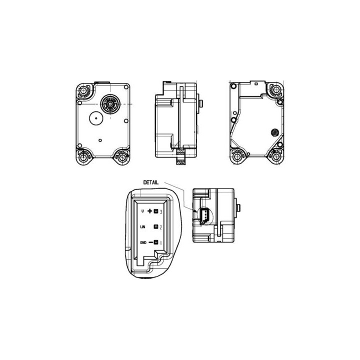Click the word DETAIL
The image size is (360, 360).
pos(151,182)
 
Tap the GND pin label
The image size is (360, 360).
pos(143,242)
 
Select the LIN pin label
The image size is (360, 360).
pos(143,227)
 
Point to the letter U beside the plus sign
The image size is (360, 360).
pos(142,211)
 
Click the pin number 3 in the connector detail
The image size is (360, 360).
pos(161,211)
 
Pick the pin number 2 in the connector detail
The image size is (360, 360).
pos(161,227)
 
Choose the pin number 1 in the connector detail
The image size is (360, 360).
pos(160,242)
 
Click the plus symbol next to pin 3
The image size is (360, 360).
pos(149,211)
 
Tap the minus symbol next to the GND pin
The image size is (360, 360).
pos(150,242)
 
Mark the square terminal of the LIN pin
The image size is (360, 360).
pos(156,227)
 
